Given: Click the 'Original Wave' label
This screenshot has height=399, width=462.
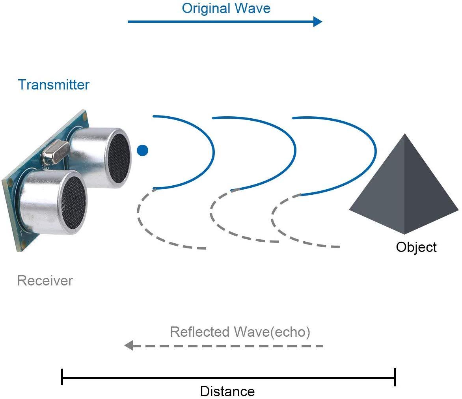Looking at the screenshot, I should (x=226, y=8).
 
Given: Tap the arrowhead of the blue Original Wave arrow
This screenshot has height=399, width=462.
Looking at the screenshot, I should (x=318, y=22).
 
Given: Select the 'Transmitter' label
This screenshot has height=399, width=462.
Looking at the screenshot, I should (x=54, y=85).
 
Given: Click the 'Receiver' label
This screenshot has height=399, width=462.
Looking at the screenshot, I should (x=45, y=281).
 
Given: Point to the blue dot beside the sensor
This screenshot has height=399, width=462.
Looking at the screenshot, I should (x=142, y=150).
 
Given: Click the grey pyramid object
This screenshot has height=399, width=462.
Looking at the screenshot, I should (x=404, y=189).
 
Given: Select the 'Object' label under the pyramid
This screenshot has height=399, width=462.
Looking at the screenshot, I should (x=416, y=247).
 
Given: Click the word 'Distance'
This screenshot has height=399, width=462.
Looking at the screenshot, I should (x=227, y=392).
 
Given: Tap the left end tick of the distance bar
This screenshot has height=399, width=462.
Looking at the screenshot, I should (x=62, y=377).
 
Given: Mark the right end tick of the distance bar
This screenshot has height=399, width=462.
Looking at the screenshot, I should (x=395, y=377).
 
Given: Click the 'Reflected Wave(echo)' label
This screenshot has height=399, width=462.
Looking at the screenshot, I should (x=240, y=332).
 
